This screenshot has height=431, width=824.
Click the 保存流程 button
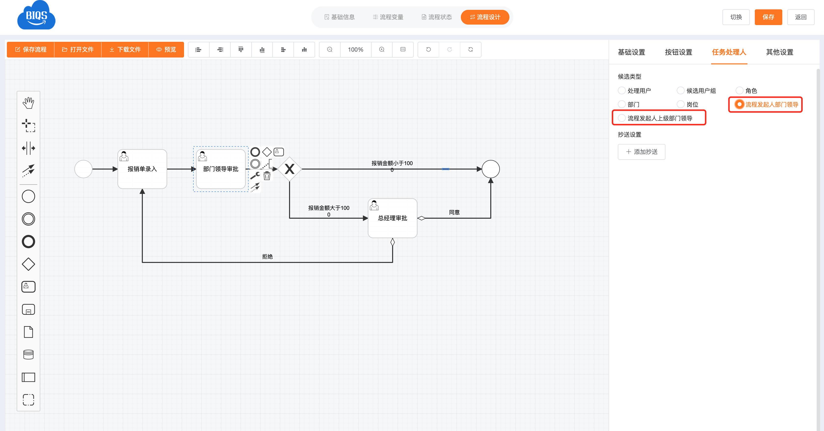tap(31, 50)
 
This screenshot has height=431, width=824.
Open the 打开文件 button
tap(78, 50)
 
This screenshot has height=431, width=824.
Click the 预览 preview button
tap(166, 50)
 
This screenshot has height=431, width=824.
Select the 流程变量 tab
tap(388, 17)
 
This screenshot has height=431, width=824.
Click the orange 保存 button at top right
tap(768, 17)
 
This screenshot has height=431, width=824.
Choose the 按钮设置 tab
tap(678, 52)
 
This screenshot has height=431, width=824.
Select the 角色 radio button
tap(740, 91)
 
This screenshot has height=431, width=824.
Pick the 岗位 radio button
tap(681, 104)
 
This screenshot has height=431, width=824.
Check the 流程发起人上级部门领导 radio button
tap(622, 118)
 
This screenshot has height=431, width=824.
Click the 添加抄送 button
tap(641, 152)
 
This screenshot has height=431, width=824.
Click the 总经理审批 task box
tap(392, 218)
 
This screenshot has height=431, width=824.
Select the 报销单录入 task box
tap(142, 169)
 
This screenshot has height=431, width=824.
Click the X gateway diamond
tap(290, 169)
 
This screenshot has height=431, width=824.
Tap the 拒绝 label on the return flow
tap(267, 257)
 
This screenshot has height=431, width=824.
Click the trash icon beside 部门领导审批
tap(267, 176)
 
